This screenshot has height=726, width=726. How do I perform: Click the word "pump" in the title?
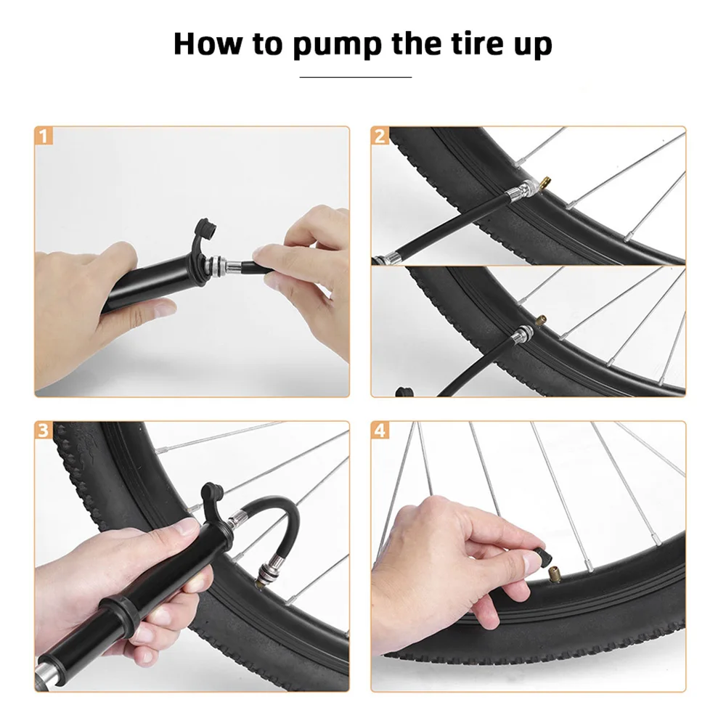click(337, 45)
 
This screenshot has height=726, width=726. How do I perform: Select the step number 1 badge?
click(44, 136)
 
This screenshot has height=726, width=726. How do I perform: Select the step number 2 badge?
click(380, 136)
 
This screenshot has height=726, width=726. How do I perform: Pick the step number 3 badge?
click(44, 431)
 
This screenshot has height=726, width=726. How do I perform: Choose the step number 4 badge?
click(380, 431)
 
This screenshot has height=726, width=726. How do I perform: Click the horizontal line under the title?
click(356, 77)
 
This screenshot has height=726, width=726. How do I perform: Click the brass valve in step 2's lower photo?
click(540, 319)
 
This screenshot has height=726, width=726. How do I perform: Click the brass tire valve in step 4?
click(553, 575)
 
